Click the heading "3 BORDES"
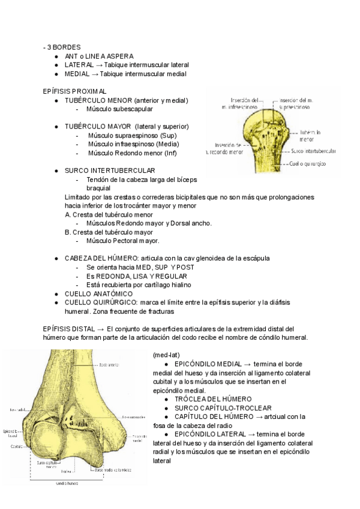coord(64,47)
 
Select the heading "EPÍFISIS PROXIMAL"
coord(74,91)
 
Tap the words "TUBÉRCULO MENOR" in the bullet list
coord(98,100)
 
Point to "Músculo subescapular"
coord(119,109)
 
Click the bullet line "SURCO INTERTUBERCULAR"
coord(110,170)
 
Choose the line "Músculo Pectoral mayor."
coord(123,241)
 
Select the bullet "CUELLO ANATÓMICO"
coord(98,294)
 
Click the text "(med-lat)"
coord(166,354)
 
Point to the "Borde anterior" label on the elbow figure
coord(109,364)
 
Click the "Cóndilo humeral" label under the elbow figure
coord(68,483)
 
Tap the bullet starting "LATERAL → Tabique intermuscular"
coord(127,65)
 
